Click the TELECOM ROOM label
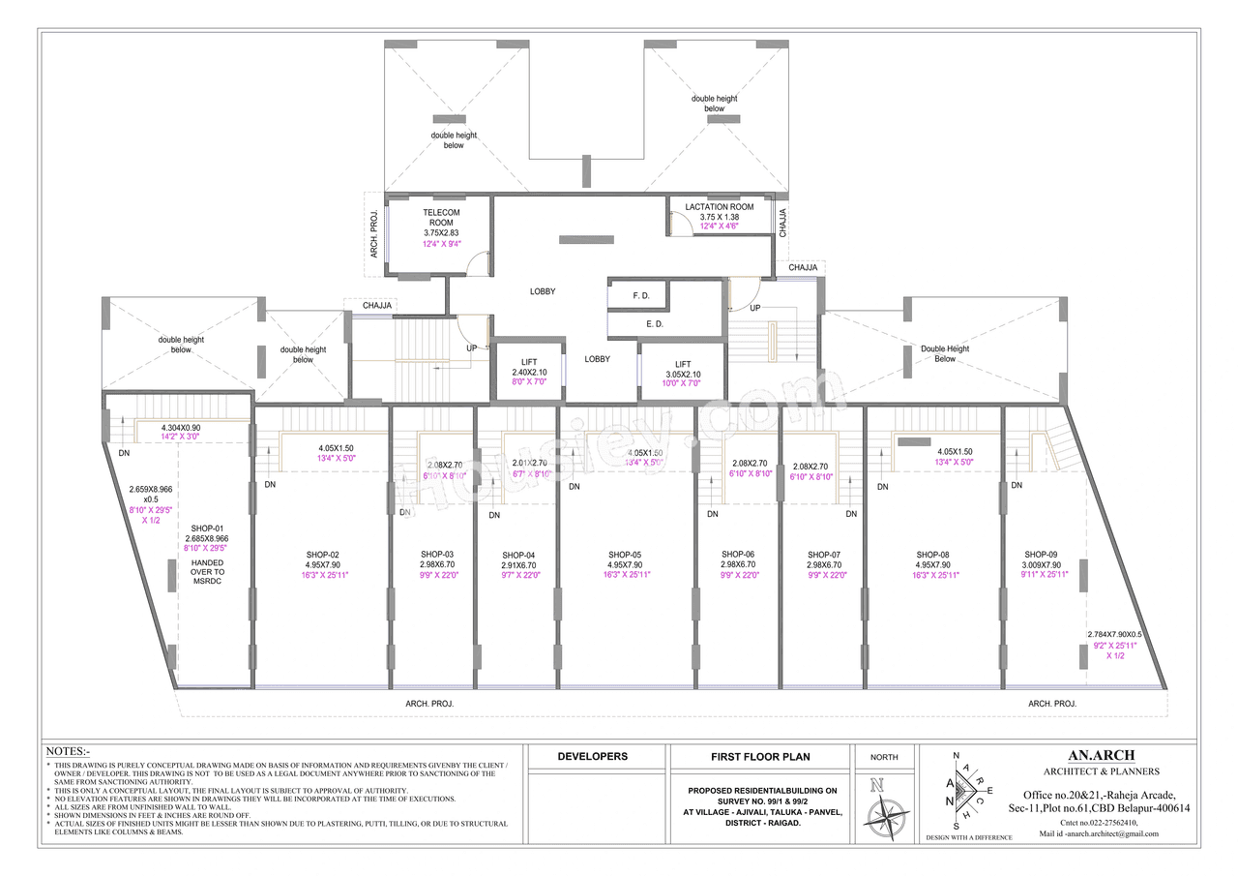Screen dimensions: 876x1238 [441, 217]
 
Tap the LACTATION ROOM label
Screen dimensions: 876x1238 [719, 207]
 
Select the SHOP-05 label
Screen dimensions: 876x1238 [625, 555]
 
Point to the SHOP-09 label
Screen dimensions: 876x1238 [1042, 555]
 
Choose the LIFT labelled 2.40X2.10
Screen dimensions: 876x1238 [529, 362]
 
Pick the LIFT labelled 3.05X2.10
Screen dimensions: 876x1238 [683, 364]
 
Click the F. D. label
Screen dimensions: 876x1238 [640, 294]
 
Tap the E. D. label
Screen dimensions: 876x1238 [655, 324]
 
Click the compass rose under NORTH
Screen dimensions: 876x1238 [884, 809]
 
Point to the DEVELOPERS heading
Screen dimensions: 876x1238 [592, 757]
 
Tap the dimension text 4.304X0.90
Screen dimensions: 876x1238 [181, 427]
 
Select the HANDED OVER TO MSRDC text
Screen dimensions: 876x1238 [208, 572]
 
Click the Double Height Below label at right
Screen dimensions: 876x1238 [944, 353]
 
